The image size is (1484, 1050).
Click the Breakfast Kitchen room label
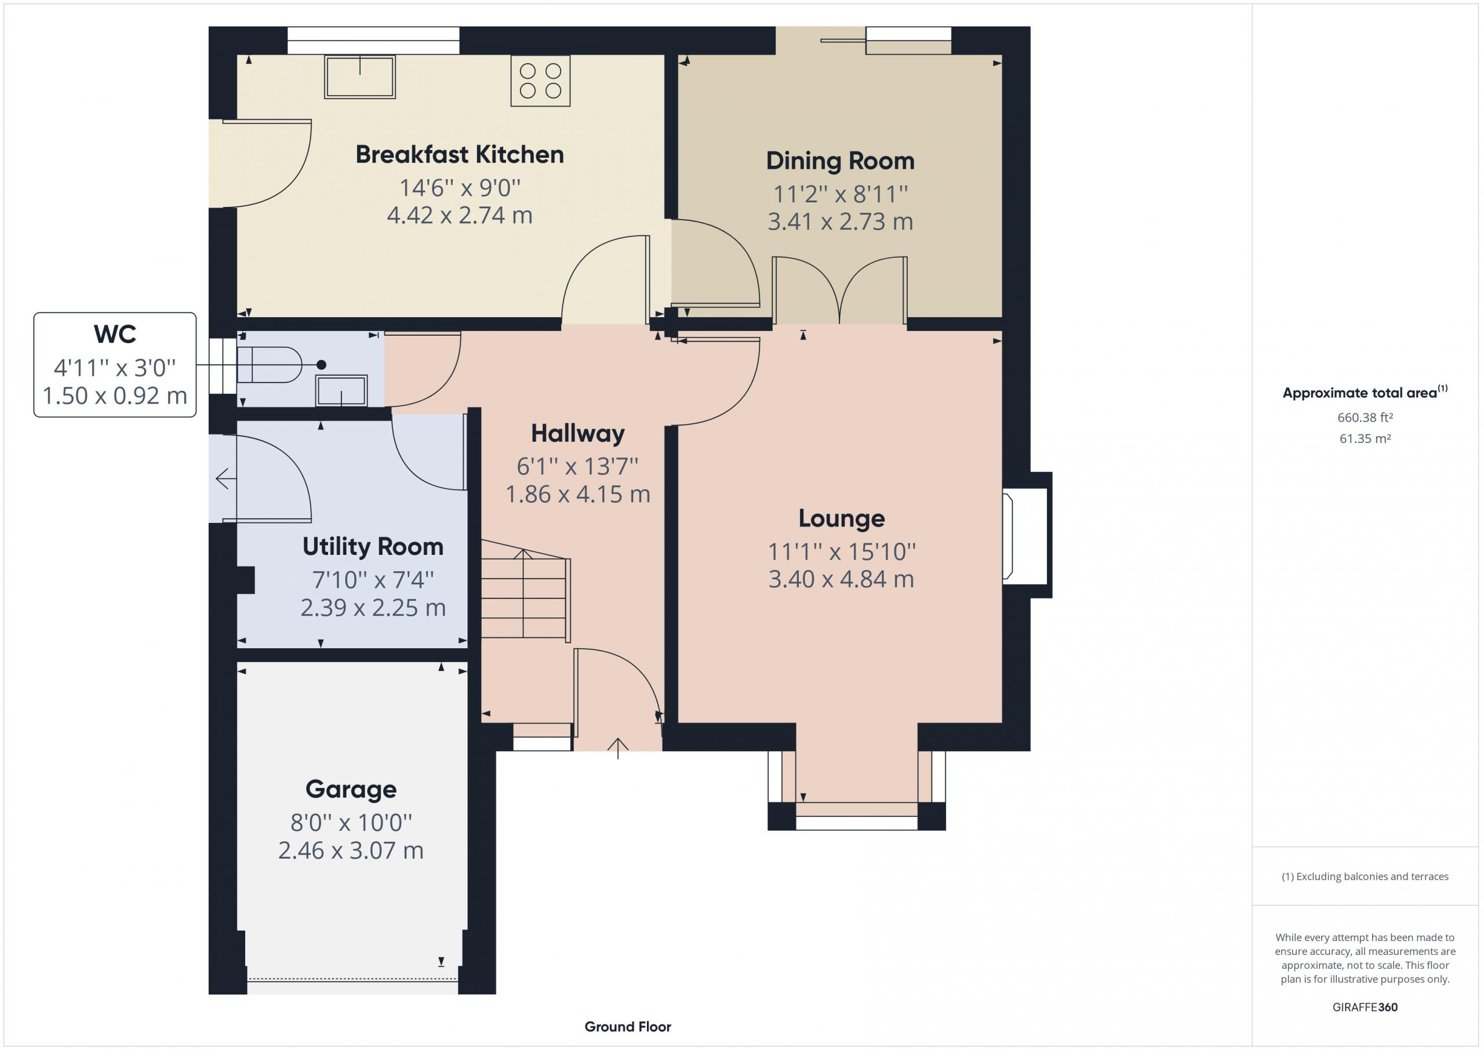tap(460, 155)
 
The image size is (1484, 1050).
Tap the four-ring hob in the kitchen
tap(540, 81)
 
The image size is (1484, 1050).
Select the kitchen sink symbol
tap(359, 77)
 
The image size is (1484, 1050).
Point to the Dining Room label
tap(840, 161)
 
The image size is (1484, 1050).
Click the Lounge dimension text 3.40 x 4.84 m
tap(841, 579)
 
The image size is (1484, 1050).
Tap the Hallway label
tap(578, 434)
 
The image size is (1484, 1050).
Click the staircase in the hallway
tap(525, 590)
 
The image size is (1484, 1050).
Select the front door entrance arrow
tap(618, 748)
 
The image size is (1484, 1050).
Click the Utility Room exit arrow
tap(225, 479)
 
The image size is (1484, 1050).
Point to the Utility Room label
tap(373, 547)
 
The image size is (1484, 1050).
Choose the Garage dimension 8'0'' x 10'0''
tap(351, 822)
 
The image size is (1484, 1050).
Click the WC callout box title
tap(115, 335)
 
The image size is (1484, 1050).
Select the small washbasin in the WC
tap(341, 391)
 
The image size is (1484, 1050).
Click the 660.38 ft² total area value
tap(1365, 417)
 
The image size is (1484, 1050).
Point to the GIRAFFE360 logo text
tap(1365, 1007)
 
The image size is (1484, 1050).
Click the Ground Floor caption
tap(628, 1026)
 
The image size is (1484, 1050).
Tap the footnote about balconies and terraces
tap(1365, 876)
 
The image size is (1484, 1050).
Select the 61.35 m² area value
tap(1365, 438)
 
